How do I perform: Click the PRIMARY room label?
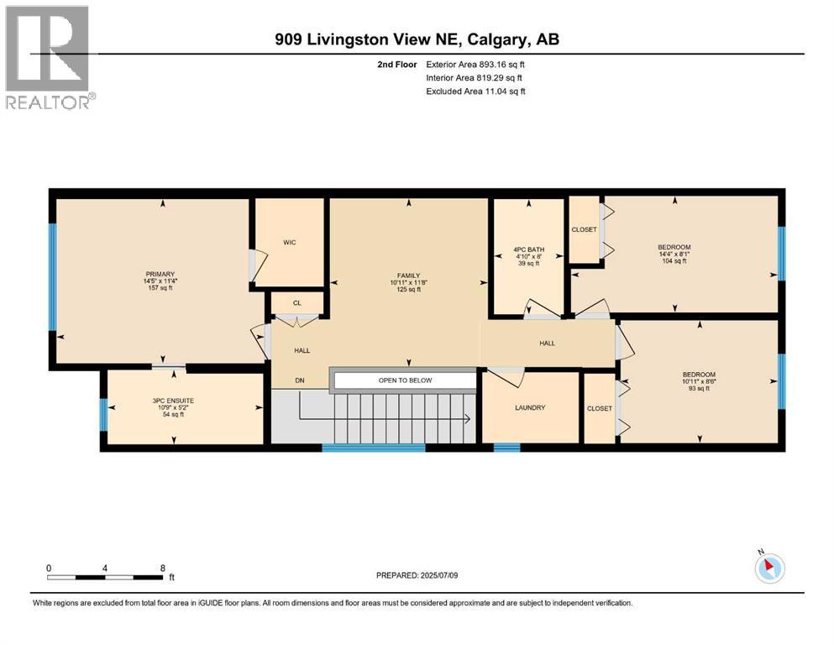160,275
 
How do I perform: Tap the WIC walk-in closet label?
290,243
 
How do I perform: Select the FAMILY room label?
408,275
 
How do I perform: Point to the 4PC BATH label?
528,249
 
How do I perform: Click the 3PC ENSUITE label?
173,401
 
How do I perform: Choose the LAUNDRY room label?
530,407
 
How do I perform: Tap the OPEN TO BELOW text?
406,380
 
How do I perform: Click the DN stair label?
300,380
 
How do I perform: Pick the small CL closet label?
297,303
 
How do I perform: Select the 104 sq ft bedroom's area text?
674,261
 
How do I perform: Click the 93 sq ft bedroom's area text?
699,388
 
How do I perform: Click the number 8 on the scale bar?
163,568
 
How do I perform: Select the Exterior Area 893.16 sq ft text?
475,65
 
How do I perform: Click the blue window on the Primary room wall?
52,277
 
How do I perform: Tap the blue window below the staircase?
374,448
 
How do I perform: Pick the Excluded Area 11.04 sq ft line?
475,91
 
